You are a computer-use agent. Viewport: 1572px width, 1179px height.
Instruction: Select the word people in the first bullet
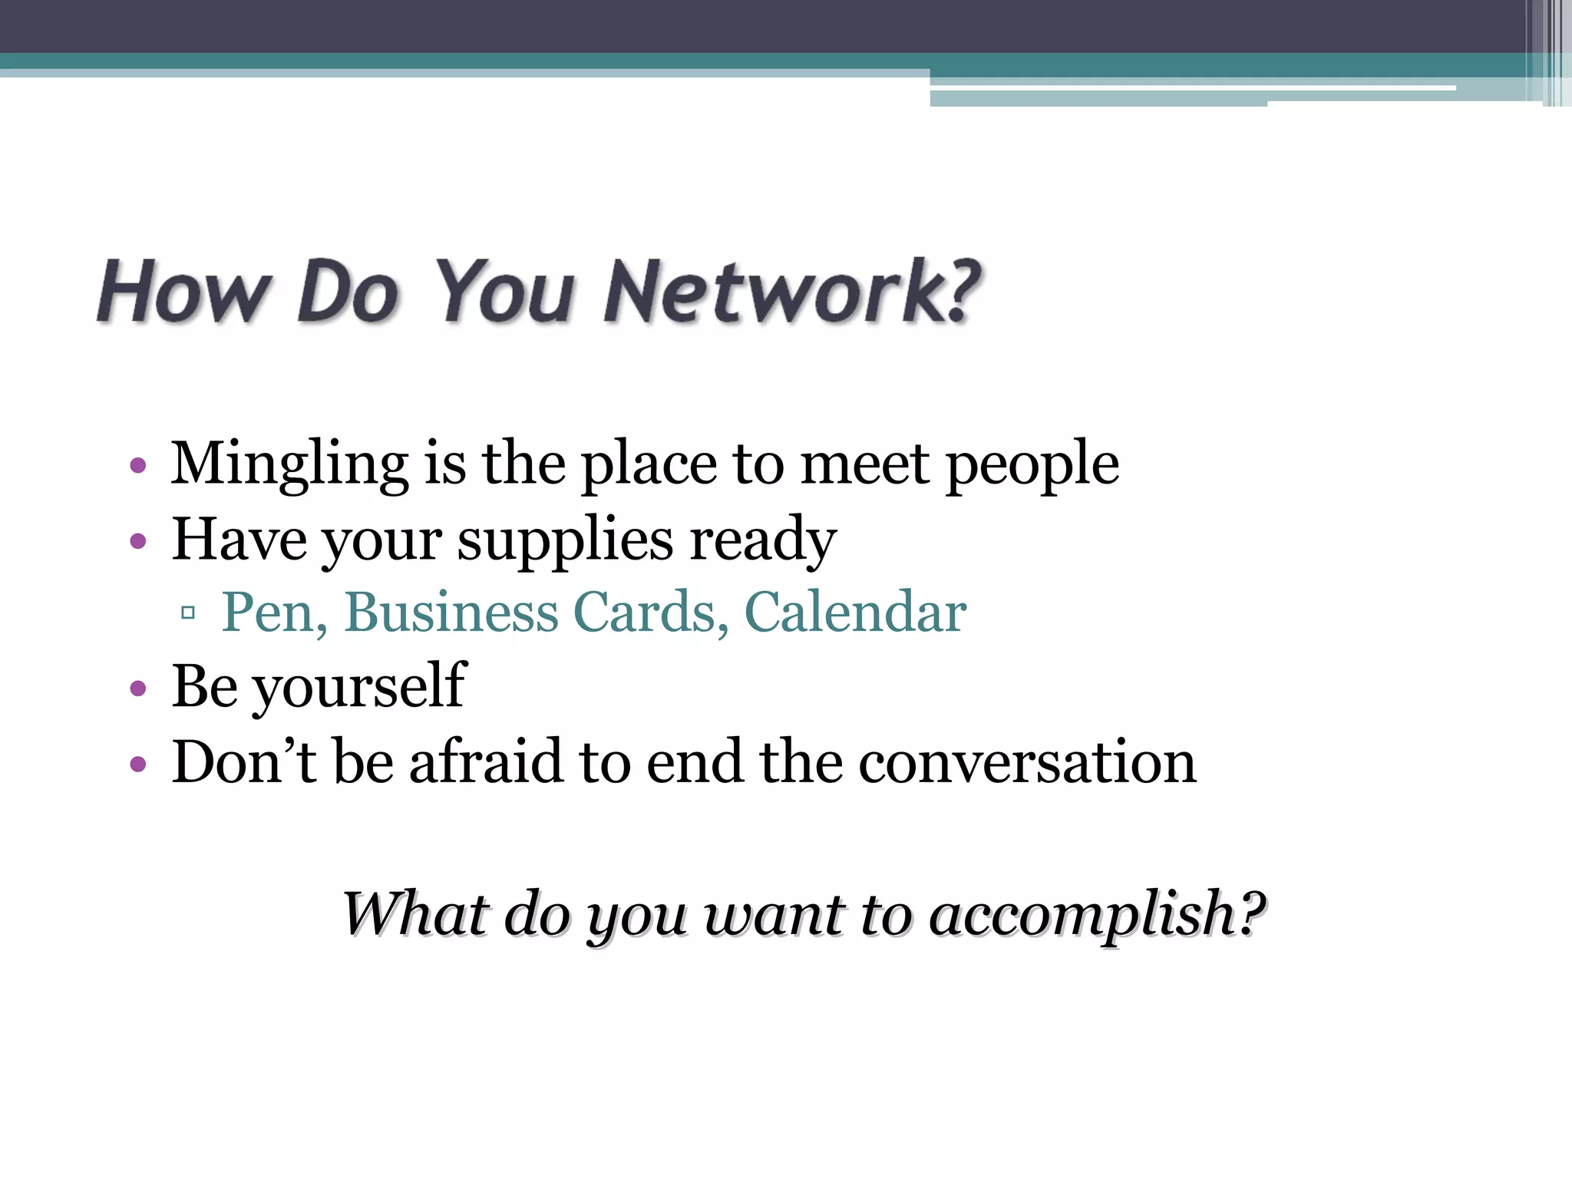point(1032,465)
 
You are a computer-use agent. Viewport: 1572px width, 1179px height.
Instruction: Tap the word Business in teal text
point(451,613)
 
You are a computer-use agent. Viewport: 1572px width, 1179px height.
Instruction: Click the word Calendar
point(855,613)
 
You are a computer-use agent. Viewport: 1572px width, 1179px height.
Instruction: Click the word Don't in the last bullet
point(244,761)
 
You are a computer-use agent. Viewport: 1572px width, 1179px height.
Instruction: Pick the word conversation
point(1027,761)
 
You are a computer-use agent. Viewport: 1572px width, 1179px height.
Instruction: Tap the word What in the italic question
point(415,913)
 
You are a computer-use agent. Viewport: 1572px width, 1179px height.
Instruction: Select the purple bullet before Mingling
point(138,465)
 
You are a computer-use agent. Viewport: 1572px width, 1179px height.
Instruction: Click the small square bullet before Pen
point(188,613)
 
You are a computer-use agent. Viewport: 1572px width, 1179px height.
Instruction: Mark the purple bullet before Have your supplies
point(138,542)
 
